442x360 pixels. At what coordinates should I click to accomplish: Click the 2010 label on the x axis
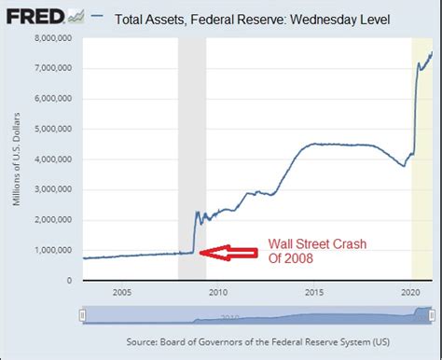tap(218, 292)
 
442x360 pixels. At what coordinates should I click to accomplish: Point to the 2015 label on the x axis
tap(315, 292)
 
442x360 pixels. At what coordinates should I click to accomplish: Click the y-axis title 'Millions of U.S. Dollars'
tap(17, 159)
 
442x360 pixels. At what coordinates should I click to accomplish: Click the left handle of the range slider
tap(82, 315)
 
